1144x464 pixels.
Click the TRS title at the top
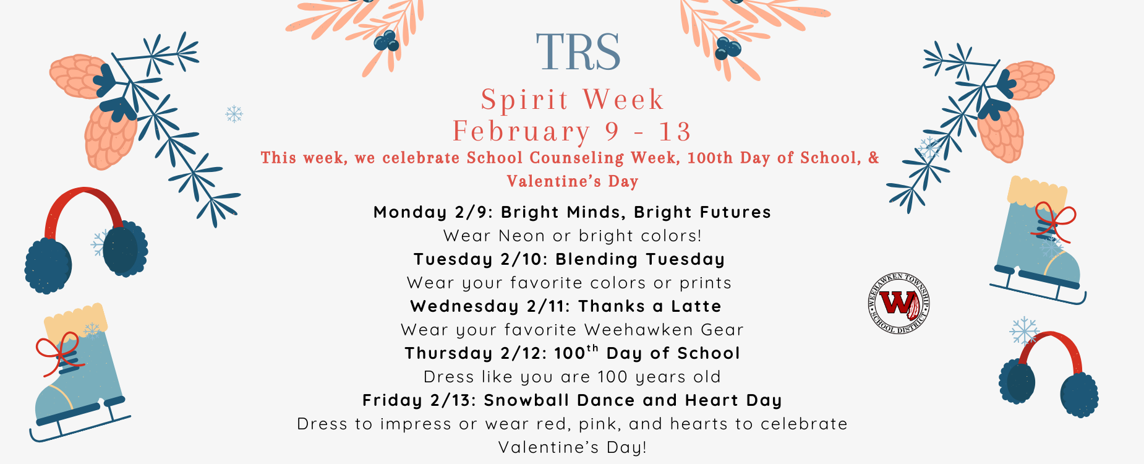point(578,53)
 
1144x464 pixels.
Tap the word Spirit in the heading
point(524,100)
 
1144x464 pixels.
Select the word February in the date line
point(521,131)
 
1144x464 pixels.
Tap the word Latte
point(696,306)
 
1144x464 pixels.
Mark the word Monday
point(410,212)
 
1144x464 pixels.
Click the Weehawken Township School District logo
point(899,303)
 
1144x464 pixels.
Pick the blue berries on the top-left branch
point(386,41)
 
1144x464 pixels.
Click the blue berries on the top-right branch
point(727,48)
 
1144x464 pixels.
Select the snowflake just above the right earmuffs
point(1024,330)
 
